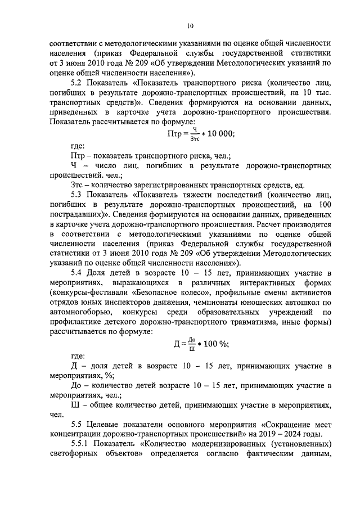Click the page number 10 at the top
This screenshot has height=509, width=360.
click(190, 25)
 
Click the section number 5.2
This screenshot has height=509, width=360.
click(78, 83)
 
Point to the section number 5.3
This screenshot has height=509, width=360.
click(78, 194)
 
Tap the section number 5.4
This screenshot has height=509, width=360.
click(78, 273)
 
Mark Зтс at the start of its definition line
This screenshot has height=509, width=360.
click(79, 184)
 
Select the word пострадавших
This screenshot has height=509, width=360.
click(78, 214)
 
